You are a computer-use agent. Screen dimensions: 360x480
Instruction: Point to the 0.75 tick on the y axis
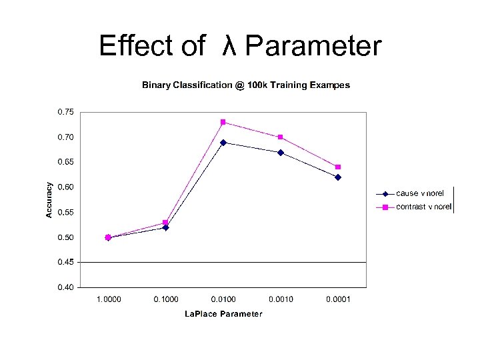65,112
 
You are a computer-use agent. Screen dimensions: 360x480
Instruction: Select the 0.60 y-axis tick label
65,187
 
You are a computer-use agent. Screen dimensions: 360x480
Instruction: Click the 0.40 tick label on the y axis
65,288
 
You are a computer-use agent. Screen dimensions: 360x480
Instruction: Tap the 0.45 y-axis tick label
65,263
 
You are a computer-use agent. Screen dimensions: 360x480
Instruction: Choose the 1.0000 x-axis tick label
109,299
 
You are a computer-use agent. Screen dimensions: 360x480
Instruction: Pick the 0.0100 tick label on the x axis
223,299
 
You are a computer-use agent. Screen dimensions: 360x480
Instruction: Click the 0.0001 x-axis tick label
337,299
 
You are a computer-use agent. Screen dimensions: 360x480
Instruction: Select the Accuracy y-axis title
49,199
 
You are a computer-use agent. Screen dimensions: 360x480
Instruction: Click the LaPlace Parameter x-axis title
223,314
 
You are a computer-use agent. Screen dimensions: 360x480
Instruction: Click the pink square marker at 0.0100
223,122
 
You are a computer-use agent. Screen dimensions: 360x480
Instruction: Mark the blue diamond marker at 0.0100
223,142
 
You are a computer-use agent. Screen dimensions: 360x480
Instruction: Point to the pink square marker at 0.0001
338,167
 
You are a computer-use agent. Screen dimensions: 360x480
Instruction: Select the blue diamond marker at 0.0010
281,153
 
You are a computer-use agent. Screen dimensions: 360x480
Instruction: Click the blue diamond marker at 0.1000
166,227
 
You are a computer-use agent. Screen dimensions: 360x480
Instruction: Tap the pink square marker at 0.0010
281,137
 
